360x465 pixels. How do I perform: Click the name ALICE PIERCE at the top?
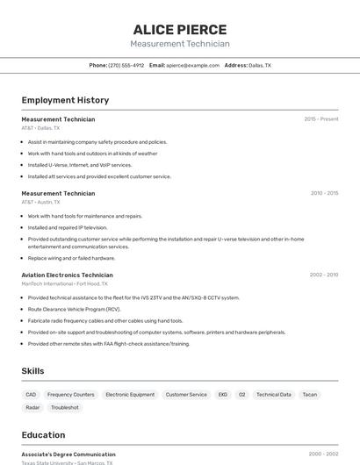(180, 29)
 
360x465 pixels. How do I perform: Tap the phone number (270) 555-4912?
(126, 65)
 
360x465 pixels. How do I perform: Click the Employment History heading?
(65, 100)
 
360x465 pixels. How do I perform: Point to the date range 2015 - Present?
(321, 119)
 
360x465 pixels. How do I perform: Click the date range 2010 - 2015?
(324, 193)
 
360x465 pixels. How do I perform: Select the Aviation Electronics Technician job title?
(67, 275)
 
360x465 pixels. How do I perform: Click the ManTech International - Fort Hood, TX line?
(65, 283)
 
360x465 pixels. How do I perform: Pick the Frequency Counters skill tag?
(70, 395)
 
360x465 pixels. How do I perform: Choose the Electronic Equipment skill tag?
(130, 395)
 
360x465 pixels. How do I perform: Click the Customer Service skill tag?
(186, 395)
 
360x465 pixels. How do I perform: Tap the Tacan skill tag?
(309, 395)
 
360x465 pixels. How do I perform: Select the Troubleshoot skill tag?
(64, 407)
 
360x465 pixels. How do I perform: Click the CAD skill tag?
(31, 395)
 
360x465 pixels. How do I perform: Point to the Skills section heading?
(32, 371)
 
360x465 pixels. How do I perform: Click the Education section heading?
(43, 435)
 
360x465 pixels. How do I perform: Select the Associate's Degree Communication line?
(68, 454)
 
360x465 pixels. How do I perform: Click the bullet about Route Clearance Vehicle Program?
(74, 309)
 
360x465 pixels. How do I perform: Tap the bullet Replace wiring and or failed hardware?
(71, 258)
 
